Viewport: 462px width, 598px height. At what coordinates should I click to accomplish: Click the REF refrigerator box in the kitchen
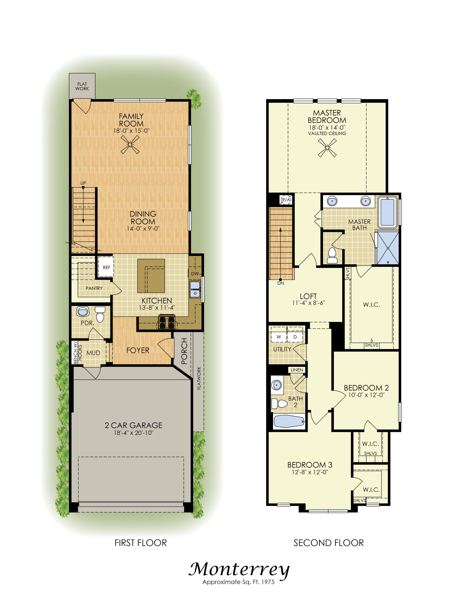click(106, 267)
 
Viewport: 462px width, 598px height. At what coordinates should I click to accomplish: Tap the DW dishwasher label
click(195, 274)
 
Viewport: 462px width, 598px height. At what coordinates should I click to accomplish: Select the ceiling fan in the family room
click(130, 144)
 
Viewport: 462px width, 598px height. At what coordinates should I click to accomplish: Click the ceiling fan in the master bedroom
click(327, 148)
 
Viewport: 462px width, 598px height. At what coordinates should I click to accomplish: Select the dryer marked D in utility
click(295, 337)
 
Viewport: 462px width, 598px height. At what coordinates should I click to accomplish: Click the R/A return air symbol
click(286, 200)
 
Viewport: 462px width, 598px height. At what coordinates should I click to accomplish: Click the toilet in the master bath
click(332, 256)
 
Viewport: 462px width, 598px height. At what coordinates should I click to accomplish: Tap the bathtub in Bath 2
click(289, 421)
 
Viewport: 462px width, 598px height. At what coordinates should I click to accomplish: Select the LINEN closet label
click(297, 370)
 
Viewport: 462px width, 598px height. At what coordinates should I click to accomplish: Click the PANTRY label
click(94, 288)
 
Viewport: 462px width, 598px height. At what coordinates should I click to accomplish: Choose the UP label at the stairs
click(83, 183)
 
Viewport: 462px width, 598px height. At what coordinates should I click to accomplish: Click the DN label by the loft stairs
click(281, 283)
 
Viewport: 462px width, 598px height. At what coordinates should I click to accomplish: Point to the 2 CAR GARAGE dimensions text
click(134, 433)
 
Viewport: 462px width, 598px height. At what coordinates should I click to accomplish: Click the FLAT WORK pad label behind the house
click(82, 86)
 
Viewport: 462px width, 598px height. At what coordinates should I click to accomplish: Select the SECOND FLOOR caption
click(329, 543)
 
